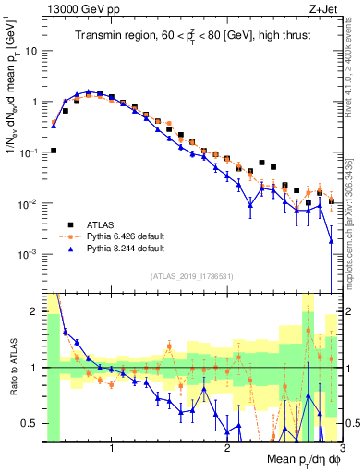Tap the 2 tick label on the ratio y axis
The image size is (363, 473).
point(35,311)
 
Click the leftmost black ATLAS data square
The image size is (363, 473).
point(54,151)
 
